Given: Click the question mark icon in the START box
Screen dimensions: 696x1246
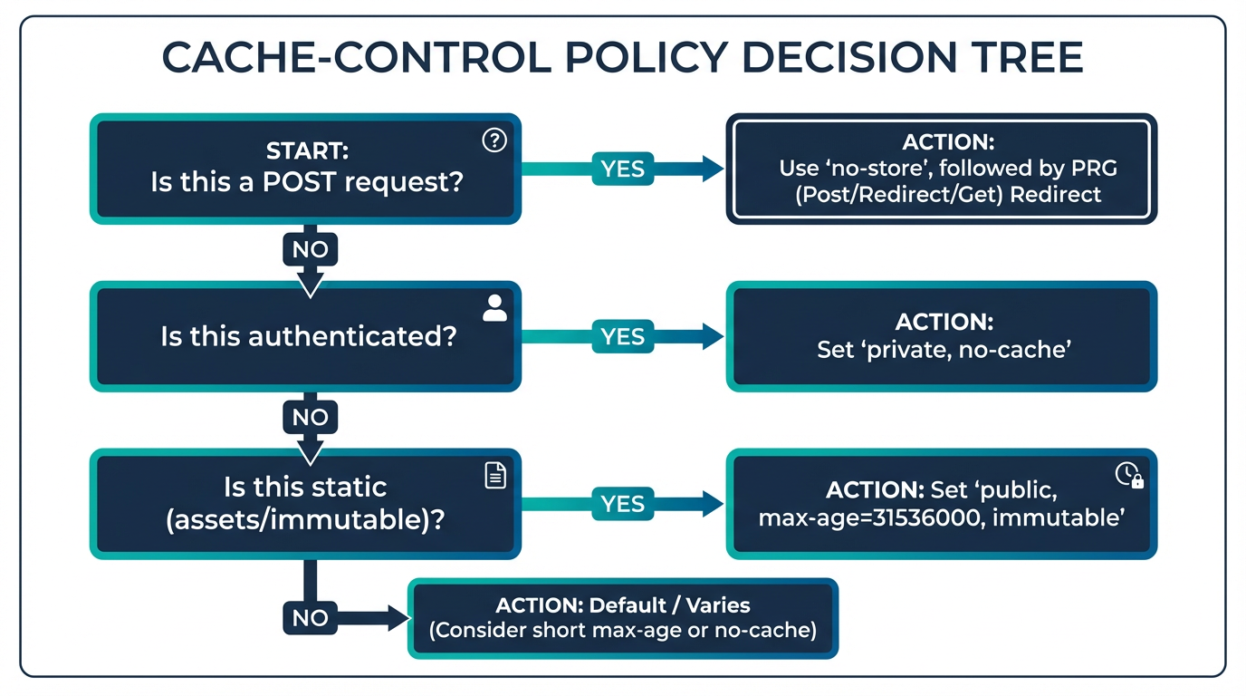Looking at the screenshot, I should (x=494, y=140).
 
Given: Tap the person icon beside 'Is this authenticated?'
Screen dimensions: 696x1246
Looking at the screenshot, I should (x=494, y=308).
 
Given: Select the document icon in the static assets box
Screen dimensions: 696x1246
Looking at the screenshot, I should (x=495, y=476).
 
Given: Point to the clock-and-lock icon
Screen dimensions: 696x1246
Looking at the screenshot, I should (x=1129, y=475).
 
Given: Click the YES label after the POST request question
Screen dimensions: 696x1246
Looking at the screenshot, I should (x=623, y=169).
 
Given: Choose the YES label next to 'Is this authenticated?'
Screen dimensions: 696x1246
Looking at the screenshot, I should (x=623, y=336).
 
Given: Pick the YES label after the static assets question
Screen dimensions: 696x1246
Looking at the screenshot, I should (x=623, y=504).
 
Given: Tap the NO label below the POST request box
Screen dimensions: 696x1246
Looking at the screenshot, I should (x=310, y=249).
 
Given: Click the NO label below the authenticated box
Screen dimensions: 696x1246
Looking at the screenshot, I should (x=310, y=417).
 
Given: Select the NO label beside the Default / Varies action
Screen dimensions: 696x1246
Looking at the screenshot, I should (x=310, y=618).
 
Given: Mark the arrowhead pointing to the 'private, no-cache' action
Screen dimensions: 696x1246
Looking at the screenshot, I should (x=711, y=336).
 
